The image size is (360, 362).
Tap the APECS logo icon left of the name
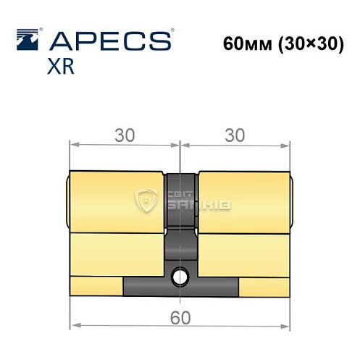tap(28, 38)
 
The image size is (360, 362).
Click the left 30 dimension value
tap(125, 135)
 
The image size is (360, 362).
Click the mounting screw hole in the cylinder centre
tap(180, 275)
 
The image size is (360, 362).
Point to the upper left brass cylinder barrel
tap(116, 201)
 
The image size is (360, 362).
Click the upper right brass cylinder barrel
tap(243, 201)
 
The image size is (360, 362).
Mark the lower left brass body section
tap(116, 253)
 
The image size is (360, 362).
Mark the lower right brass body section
tap(243, 253)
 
